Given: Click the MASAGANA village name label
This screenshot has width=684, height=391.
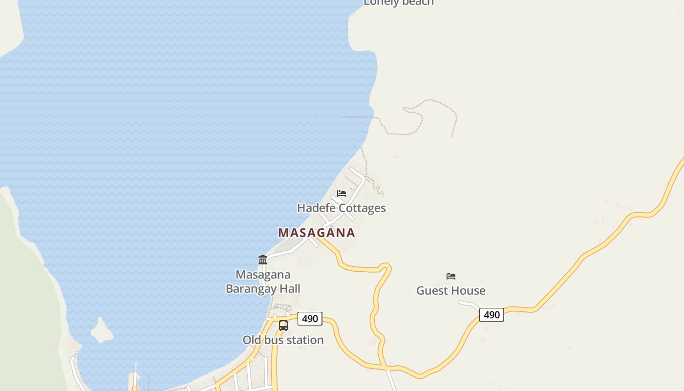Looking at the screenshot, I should tap(317, 233).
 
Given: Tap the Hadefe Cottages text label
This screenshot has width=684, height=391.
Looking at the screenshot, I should tap(342, 208).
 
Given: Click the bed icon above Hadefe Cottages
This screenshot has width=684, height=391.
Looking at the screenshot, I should tap(342, 194).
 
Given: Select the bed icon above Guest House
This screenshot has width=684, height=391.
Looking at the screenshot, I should tap(451, 276).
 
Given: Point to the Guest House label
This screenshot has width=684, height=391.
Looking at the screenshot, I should tap(451, 290).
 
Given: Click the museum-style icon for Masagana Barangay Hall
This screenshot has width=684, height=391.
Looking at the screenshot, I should tap(263, 260).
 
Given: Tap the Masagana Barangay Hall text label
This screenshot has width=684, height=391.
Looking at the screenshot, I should tap(263, 282).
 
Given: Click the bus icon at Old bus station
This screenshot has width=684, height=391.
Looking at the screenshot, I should tap(283, 325).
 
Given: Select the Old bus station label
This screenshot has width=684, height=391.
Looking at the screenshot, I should tap(283, 340).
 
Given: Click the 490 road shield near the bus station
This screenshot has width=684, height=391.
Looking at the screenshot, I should tap(310, 319).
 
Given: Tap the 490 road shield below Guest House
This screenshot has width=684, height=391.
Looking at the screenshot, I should tap(492, 315).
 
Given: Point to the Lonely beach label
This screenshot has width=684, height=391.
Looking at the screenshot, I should tap(399, 3).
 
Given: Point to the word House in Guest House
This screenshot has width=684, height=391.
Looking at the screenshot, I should tap(470, 290).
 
